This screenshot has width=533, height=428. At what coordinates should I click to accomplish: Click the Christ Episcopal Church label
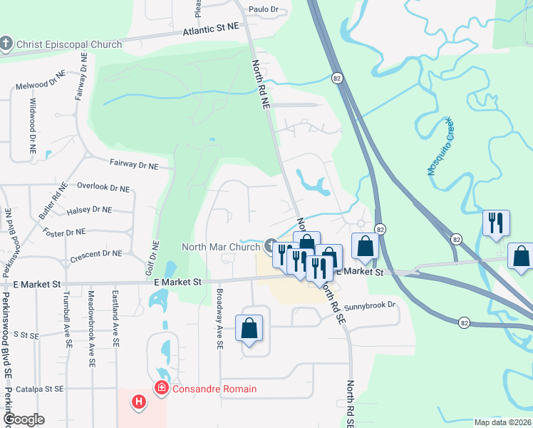69,44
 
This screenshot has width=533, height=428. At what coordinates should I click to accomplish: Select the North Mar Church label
221,248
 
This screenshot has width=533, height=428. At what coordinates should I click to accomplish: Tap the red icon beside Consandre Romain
161,389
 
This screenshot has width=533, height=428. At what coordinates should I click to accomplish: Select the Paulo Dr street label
262,9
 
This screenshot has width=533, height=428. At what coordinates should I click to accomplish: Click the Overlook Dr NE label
103,188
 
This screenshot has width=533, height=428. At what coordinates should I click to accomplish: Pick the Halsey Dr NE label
88,210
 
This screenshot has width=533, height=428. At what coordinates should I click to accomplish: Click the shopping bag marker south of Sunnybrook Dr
249,330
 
